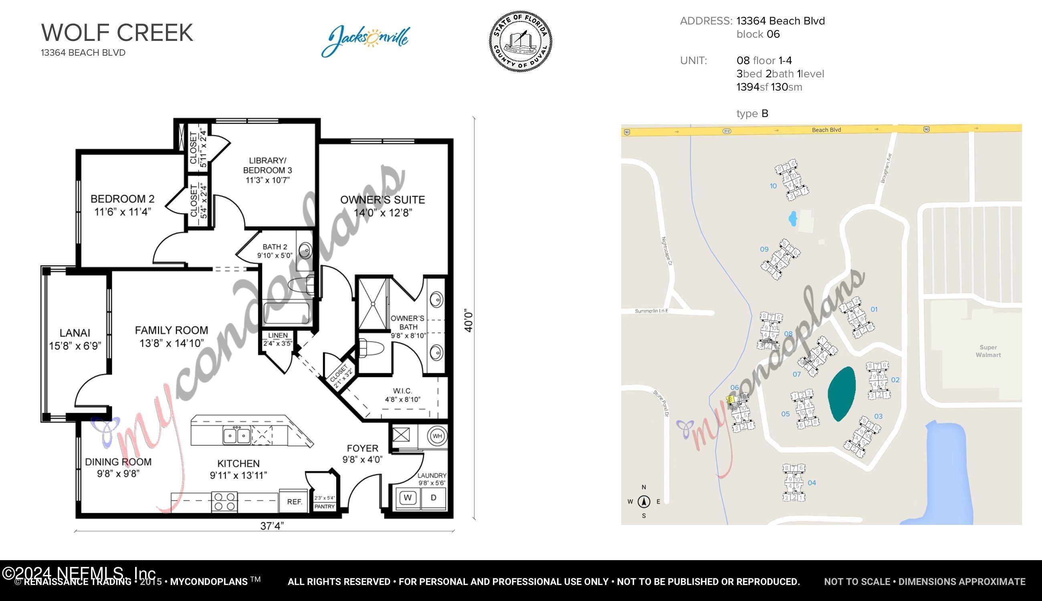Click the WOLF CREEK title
(117, 32)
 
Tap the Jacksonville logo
(365, 40)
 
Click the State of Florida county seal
(520, 41)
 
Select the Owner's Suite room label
(382, 200)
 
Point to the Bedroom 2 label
(122, 199)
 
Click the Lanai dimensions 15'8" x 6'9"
(75, 346)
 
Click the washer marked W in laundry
(408, 497)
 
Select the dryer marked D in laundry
(434, 497)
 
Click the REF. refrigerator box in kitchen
(295, 502)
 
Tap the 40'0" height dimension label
(468, 320)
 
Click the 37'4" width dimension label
(272, 526)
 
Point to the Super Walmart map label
(988, 351)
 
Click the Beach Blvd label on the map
(826, 129)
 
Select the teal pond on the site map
(841, 393)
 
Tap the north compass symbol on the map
(644, 502)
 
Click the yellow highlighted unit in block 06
(730, 399)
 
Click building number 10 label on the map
(773, 186)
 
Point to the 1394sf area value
(748, 87)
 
